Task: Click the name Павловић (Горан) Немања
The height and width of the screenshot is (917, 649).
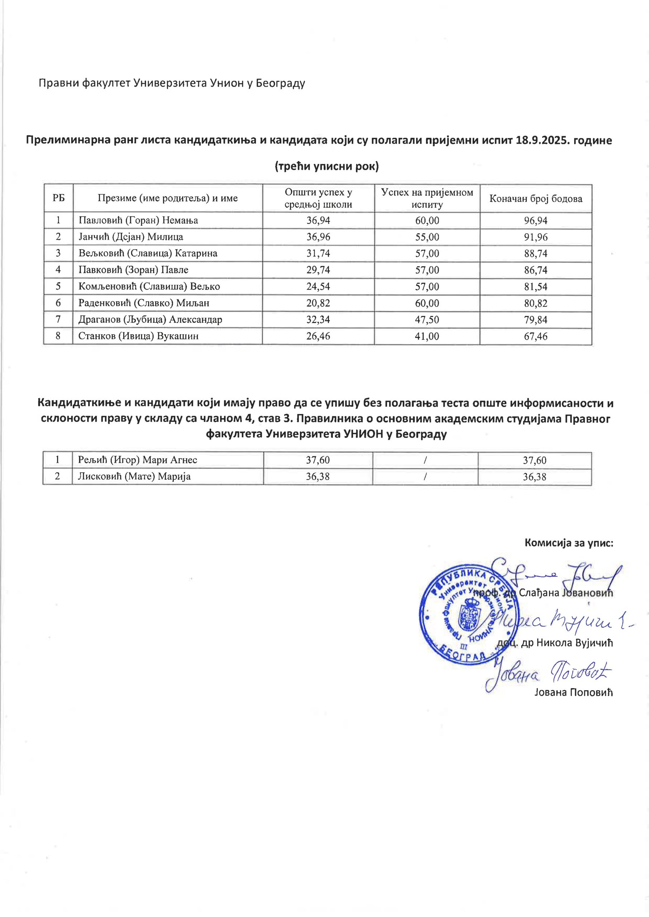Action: click(x=138, y=220)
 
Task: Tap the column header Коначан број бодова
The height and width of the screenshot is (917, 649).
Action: click(x=535, y=198)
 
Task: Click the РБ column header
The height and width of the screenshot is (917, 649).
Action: click(x=58, y=198)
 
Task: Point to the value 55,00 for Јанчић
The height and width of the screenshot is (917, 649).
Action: click(x=427, y=237)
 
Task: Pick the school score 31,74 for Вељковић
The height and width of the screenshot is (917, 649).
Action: click(x=318, y=254)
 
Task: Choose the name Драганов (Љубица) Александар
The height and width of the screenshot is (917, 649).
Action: click(x=150, y=320)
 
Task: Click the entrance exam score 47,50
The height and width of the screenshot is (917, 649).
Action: click(x=427, y=320)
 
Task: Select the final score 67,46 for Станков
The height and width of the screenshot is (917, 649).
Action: click(x=535, y=336)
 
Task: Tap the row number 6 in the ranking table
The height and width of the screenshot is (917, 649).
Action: click(x=58, y=303)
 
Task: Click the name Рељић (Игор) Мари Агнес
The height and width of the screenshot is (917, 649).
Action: click(x=138, y=460)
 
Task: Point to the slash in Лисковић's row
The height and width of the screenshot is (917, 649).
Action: click(x=425, y=476)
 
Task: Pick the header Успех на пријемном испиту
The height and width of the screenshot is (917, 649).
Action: click(x=427, y=198)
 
